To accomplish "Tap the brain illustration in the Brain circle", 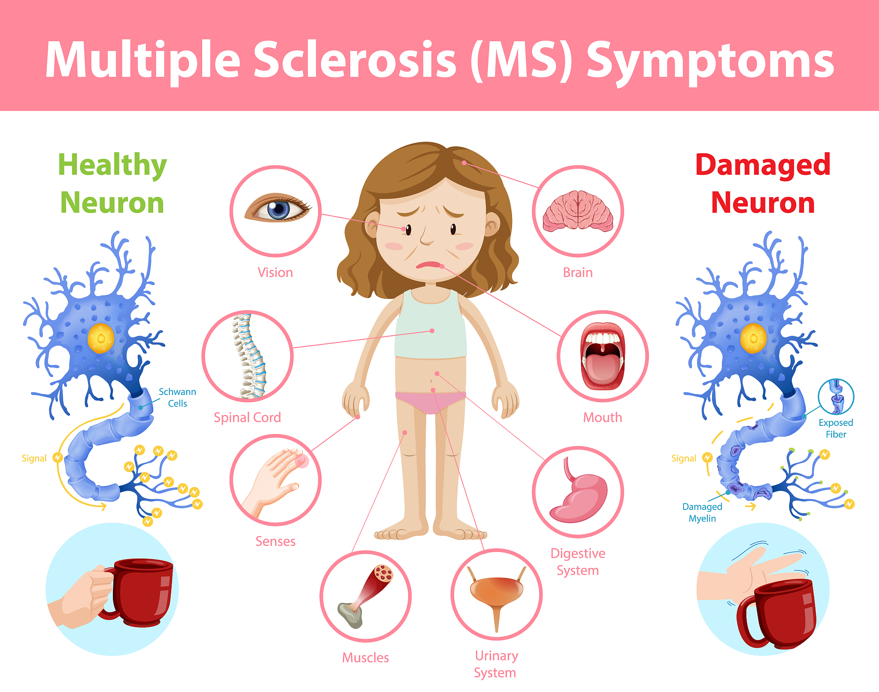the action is [x=578, y=211].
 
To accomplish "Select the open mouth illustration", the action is [x=603, y=356].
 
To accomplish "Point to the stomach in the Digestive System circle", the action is [x=579, y=494].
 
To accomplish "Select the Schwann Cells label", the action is [x=177, y=398].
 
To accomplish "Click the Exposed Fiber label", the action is [x=836, y=428].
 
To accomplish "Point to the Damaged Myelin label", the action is [x=702, y=513].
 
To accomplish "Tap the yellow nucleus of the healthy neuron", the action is [x=101, y=338].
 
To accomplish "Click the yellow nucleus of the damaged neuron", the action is [x=753, y=338].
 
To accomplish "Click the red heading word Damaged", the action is [x=763, y=165].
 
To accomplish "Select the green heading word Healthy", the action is [x=112, y=166].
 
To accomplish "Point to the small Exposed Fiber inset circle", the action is [x=836, y=397].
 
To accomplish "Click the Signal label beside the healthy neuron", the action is [x=34, y=458].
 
